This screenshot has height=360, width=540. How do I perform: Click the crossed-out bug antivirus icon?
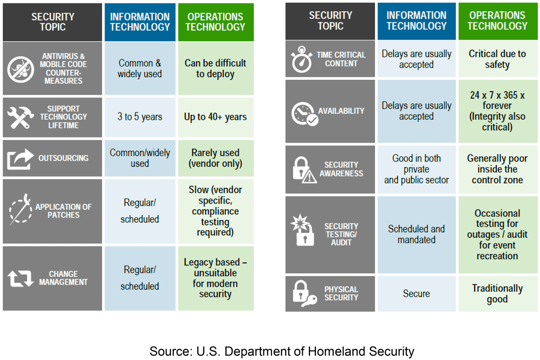tap(21, 69)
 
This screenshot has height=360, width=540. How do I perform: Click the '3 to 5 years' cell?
tap(140, 117)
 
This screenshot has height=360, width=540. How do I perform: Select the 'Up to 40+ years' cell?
tap(216, 117)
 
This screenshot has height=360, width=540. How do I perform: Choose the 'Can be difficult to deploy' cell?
tap(216, 68)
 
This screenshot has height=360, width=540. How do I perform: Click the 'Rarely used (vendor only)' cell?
tap(216, 158)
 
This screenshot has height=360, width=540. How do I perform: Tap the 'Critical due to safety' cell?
tap(497, 59)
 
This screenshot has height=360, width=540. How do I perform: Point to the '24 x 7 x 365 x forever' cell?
tap(497, 111)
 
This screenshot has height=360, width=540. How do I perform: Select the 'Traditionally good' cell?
tap(497, 294)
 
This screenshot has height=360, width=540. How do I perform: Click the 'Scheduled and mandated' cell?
tap(416, 234)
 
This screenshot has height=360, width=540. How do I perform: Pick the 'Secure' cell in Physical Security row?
tap(416, 294)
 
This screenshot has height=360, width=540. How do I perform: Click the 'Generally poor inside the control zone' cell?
tap(497, 169)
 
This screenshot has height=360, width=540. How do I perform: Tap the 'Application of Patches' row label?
tap(63, 211)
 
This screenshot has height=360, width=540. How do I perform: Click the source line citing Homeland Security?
tap(282, 351)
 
